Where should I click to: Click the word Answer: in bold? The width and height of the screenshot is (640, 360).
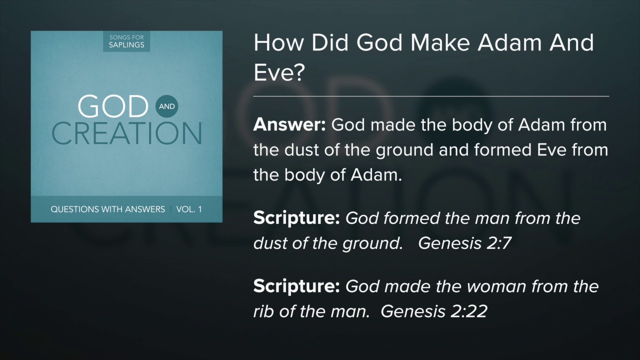[289, 125]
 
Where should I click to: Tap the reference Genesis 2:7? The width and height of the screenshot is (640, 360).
[464, 243]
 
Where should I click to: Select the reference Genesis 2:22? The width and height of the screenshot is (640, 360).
[433, 311]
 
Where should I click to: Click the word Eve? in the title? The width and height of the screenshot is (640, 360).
[279, 72]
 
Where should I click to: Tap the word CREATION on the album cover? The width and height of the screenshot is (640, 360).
[126, 133]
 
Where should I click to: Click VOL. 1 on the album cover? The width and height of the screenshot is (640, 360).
[189, 209]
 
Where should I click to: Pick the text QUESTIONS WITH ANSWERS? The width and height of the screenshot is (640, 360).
[107, 209]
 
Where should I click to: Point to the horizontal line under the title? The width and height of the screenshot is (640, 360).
[431, 95]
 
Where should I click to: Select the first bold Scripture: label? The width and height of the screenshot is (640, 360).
[296, 218]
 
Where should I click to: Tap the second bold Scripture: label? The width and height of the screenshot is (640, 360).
[296, 286]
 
